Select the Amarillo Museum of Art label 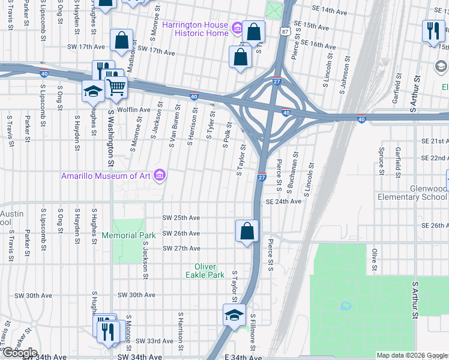pyautogui.click(x=107, y=176)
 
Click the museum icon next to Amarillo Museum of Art pyautogui.click(x=160, y=175)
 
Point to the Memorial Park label pyautogui.click(x=128, y=235)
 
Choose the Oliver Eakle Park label pyautogui.click(x=209, y=271)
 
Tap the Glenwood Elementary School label pyautogui.click(x=412, y=193)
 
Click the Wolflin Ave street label pyautogui.click(x=133, y=110)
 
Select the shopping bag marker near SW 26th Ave pyautogui.click(x=247, y=230)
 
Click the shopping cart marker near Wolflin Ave pyautogui.click(x=116, y=87)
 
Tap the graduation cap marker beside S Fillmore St pyautogui.click(x=234, y=314)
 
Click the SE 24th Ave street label pyautogui.click(x=283, y=202)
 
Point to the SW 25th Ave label pyautogui.click(x=181, y=218)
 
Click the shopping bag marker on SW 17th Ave pyautogui.click(x=121, y=41)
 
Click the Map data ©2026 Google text pyautogui.click(x=412, y=355)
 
